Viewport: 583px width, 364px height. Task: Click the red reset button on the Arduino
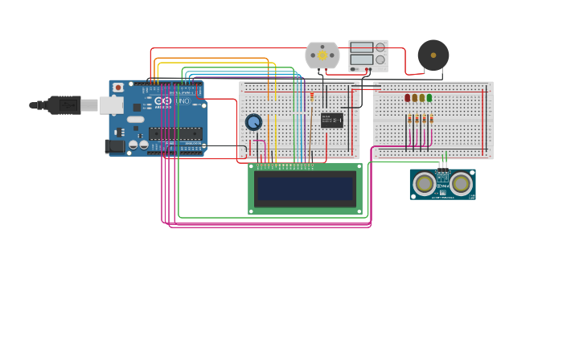click(118, 87)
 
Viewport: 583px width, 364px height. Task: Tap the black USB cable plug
click(63, 104)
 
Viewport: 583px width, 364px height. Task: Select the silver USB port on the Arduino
click(111, 105)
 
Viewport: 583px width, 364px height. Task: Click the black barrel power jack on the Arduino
click(114, 145)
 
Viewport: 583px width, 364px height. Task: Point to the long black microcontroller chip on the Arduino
click(175, 133)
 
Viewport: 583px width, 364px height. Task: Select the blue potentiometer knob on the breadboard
click(253, 122)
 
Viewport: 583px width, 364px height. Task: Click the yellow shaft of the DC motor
click(322, 55)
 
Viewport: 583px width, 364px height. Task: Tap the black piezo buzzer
click(433, 55)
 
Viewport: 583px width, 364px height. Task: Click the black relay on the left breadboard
click(331, 121)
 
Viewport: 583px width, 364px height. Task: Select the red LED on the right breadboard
click(408, 98)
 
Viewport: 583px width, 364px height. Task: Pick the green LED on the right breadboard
click(429, 98)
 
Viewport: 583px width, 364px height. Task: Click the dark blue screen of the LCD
click(305, 189)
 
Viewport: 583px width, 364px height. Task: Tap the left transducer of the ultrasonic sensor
click(424, 184)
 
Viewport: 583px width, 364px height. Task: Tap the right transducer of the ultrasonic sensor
click(461, 184)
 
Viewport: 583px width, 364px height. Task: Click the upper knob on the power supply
click(380, 47)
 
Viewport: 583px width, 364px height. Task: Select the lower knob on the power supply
click(380, 59)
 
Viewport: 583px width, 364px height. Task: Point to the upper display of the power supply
click(361, 47)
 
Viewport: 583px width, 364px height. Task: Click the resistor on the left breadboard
click(312, 97)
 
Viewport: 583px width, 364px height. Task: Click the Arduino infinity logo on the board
click(163, 101)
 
